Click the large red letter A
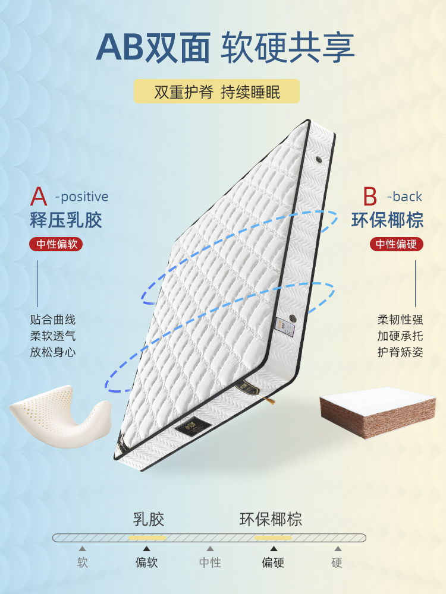tap(39, 197)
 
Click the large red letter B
tap(370, 197)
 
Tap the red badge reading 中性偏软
tap(56, 244)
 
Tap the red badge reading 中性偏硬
tap(397, 244)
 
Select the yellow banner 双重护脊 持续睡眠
tap(216, 92)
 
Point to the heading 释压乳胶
tap(66, 220)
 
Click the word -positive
tap(81, 197)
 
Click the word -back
tap(404, 197)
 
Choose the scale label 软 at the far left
tap(82, 563)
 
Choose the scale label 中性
tap(210, 563)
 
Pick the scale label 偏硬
tap(274, 563)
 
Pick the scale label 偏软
tap(147, 563)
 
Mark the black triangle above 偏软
tap(147, 549)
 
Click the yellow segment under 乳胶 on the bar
tap(147, 538)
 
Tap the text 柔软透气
tap(53, 336)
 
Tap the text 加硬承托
tap(400, 336)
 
